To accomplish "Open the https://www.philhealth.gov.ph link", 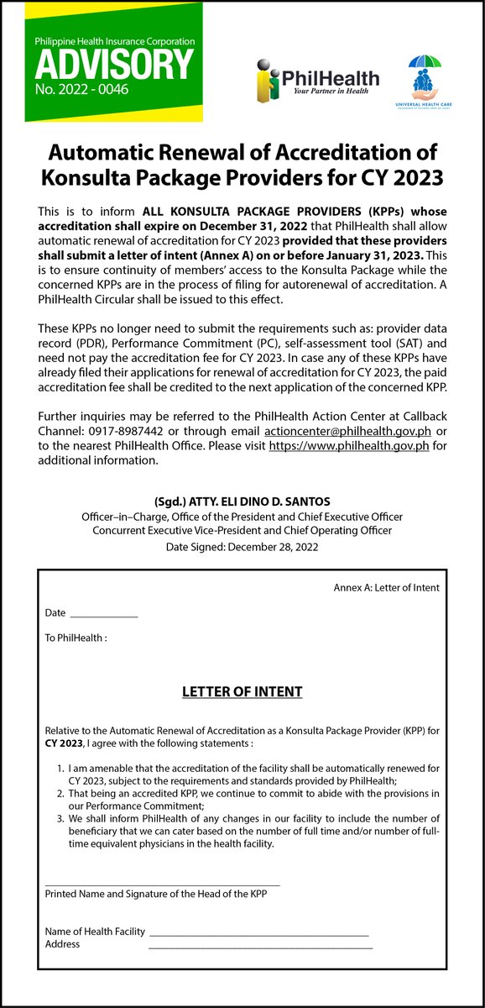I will [349, 447].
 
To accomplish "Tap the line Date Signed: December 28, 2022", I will [242, 547].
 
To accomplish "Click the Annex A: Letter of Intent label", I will [387, 588].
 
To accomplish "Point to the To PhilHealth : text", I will [76, 638].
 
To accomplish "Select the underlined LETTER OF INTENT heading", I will [242, 692].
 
